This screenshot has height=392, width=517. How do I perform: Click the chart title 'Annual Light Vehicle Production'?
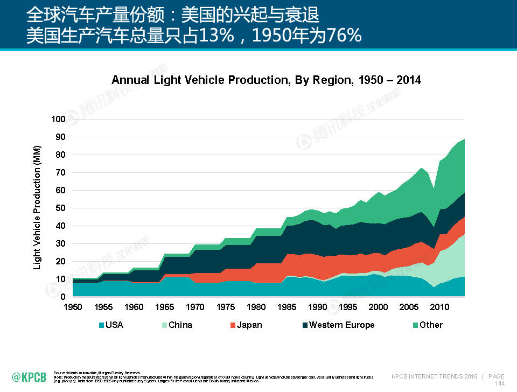click(x=266, y=80)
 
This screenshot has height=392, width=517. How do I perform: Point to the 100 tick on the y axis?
click(x=58, y=119)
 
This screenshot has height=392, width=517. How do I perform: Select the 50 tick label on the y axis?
click(x=60, y=208)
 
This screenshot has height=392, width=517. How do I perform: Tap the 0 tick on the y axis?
click(x=62, y=297)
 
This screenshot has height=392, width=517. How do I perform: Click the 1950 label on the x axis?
click(x=73, y=307)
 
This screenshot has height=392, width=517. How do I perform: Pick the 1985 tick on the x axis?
click(x=287, y=307)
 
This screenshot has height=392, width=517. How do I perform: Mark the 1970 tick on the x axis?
click(x=195, y=307)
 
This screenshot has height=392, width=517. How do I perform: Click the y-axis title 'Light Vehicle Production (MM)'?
click(x=37, y=207)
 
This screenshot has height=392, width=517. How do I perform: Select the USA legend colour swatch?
click(x=101, y=325)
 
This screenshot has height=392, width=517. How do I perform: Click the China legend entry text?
click(x=180, y=325)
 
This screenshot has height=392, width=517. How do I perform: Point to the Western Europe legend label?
click(x=341, y=325)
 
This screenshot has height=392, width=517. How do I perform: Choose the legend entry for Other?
click(x=431, y=325)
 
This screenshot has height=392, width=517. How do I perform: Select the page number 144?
click(x=499, y=383)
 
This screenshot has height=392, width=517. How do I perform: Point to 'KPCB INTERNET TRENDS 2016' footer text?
click(x=434, y=376)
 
